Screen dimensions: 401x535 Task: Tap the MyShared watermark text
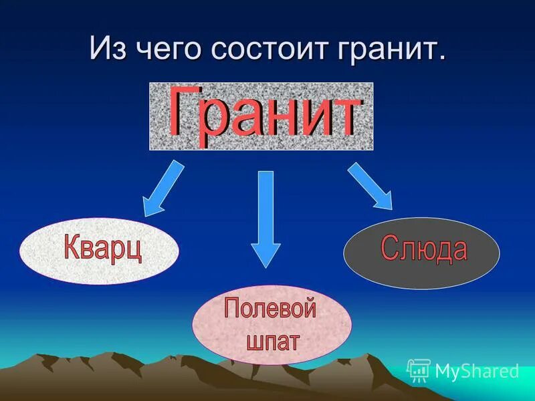coord(477,370)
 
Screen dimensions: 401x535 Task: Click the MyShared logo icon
coord(419,370)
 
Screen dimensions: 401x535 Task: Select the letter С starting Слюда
coord(390,249)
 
